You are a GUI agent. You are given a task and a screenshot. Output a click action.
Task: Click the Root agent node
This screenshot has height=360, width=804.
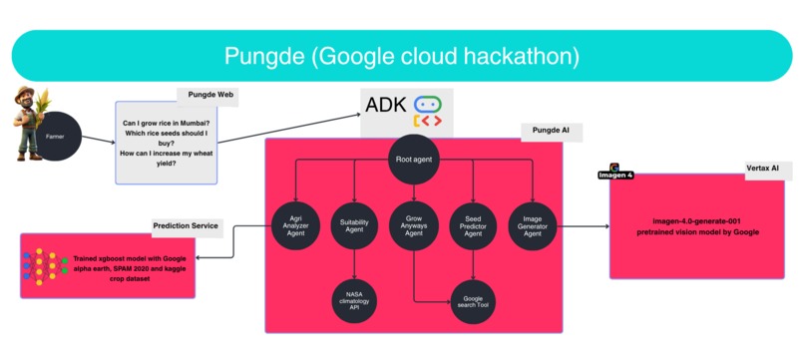(x=413, y=160)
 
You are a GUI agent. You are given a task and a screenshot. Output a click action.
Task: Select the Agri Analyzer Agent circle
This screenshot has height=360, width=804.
(x=296, y=226)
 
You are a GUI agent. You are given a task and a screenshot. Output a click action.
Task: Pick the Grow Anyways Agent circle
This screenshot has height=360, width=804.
(x=413, y=226)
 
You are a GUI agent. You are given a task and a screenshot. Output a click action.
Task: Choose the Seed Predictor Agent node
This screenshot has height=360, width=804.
(x=473, y=226)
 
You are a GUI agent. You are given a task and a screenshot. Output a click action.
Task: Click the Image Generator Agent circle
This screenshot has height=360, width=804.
(x=532, y=226)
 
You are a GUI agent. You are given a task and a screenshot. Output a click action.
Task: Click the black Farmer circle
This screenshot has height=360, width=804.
(x=61, y=135)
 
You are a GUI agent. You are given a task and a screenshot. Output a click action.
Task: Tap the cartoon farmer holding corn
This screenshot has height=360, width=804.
(x=27, y=125)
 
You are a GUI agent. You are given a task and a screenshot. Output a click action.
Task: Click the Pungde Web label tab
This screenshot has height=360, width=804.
(x=211, y=95)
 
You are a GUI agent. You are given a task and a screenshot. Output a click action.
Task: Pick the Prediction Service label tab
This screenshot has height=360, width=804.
(x=187, y=225)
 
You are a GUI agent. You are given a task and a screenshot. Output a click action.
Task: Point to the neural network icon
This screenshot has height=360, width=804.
(x=42, y=264)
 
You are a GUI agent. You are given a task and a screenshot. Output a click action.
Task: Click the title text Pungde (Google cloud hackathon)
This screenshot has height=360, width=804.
(x=401, y=55)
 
